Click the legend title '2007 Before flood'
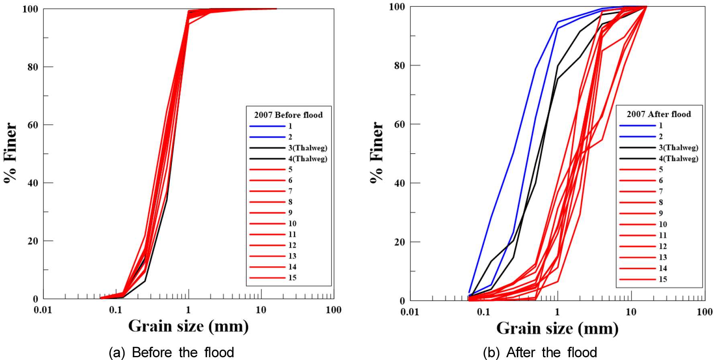click(288, 115)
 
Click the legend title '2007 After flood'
click(659, 114)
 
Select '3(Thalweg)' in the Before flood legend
click(308, 148)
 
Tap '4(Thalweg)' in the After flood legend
click(678, 159)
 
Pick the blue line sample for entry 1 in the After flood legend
click(637, 126)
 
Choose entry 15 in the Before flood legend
click(292, 278)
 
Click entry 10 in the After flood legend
click(663, 224)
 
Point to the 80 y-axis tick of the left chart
click(33, 67)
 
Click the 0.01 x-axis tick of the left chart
click(43, 310)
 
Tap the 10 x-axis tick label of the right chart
click(631, 312)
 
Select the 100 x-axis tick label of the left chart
click(333, 310)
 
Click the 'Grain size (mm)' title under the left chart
click(188, 326)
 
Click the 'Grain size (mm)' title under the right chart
click(557, 329)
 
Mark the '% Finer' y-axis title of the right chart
click(376, 153)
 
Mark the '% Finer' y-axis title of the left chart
click(10, 153)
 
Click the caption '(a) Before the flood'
click(171, 352)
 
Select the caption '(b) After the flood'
click(540, 352)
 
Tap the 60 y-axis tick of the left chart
click(33, 125)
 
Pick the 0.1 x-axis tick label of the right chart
click(483, 312)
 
